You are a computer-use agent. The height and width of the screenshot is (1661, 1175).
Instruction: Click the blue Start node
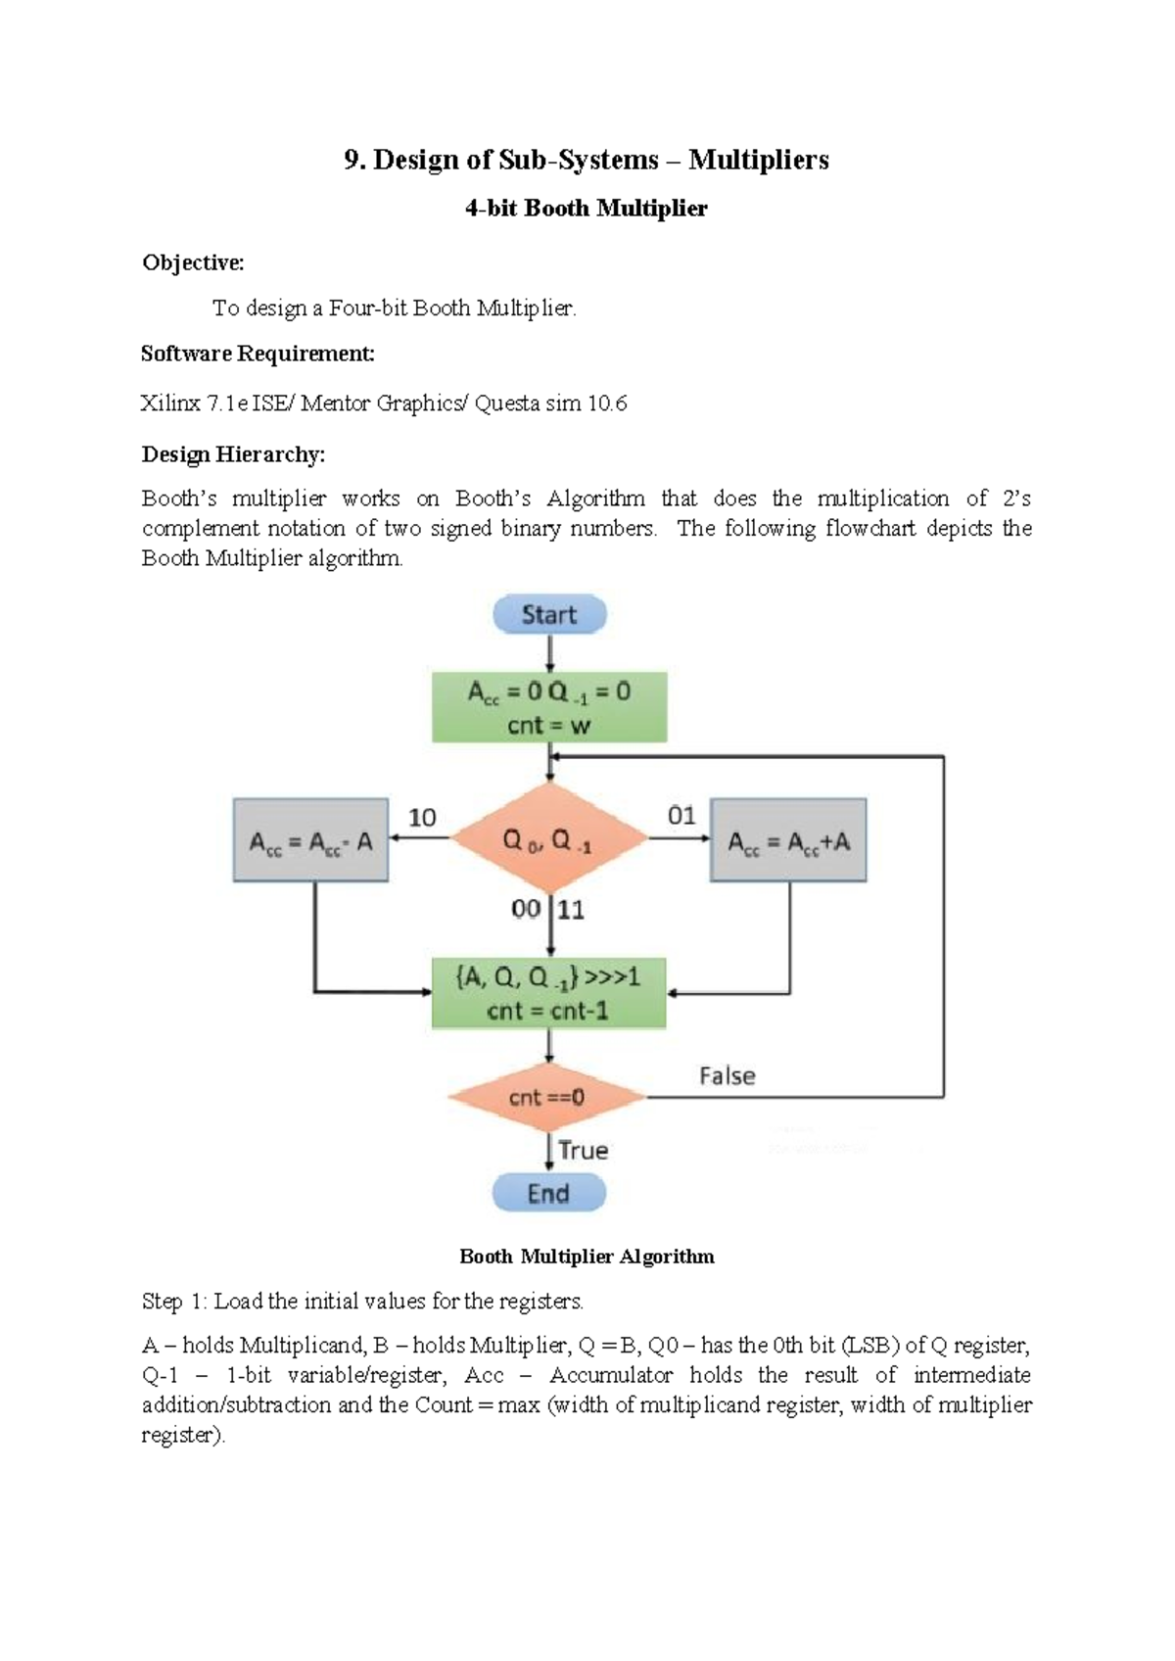coord(548,615)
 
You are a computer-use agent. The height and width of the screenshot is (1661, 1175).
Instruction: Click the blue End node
coord(548,1193)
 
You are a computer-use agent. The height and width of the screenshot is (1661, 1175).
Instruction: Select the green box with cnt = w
coord(549,707)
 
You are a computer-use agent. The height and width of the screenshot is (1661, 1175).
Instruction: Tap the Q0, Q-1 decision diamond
coord(548,839)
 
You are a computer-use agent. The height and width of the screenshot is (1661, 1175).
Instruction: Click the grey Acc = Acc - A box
coord(310,840)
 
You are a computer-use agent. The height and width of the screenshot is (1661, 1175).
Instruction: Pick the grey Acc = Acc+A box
coord(788,840)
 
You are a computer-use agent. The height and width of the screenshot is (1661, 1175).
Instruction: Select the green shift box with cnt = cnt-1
coord(548,993)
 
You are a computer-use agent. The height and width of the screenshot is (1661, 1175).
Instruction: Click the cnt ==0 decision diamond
coord(546,1097)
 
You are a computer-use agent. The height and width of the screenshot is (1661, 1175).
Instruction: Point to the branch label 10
coord(422,818)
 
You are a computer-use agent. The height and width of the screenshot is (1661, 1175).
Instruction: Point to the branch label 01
coord(681,816)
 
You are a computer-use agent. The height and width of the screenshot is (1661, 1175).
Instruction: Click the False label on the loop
coord(727,1075)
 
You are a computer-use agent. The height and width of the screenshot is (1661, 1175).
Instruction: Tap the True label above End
coord(584,1150)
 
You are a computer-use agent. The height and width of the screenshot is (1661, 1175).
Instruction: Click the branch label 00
coord(526,909)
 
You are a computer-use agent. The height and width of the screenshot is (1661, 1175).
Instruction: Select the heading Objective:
coord(193,262)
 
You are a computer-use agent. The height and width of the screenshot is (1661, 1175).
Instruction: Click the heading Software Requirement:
coord(258,354)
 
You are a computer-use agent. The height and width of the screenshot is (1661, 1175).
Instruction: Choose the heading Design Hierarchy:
coord(233,454)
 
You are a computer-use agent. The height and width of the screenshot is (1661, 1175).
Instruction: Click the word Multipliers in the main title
coord(758,160)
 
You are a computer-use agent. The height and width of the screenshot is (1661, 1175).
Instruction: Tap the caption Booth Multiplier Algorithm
coord(587,1257)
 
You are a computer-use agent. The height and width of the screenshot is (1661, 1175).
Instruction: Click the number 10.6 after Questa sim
coord(607,403)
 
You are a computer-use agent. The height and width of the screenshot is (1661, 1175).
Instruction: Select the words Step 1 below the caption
coord(173,1302)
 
